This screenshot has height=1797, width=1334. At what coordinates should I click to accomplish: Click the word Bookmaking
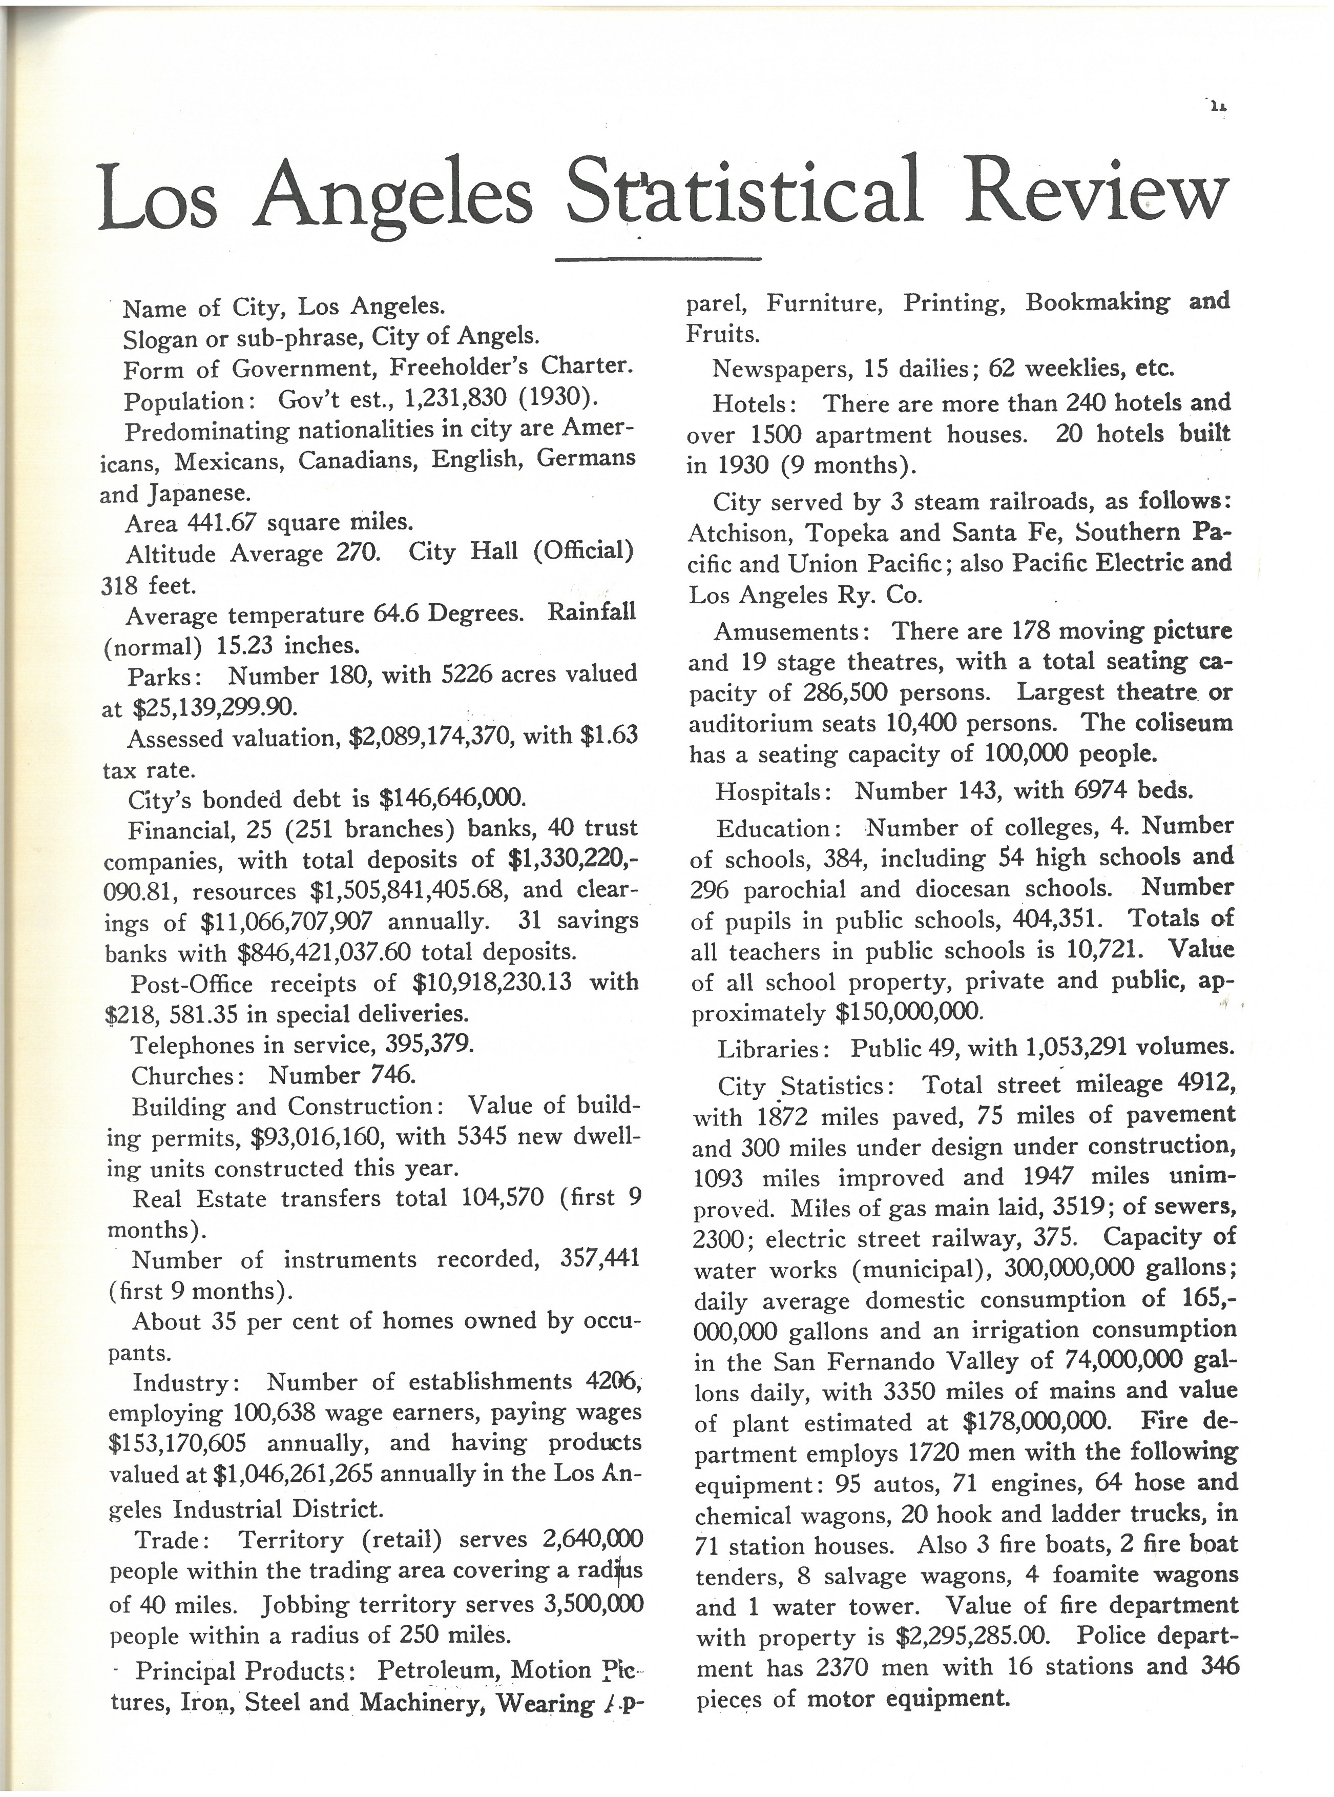pyautogui.click(x=1097, y=303)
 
